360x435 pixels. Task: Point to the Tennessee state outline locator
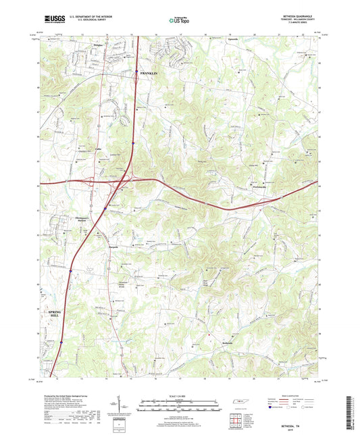tap(239, 404)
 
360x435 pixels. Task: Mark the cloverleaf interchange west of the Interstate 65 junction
tap(91, 180)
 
